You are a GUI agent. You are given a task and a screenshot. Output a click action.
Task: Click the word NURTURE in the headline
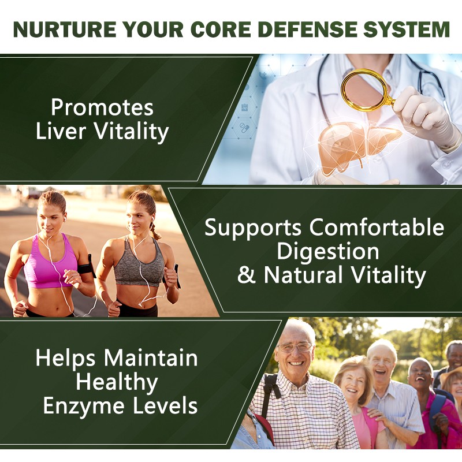[x=63, y=29]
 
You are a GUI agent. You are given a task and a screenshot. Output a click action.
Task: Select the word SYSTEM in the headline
[x=410, y=29]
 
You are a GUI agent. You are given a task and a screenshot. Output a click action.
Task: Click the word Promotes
[x=102, y=107]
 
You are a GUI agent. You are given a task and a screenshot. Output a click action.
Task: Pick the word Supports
[x=253, y=228]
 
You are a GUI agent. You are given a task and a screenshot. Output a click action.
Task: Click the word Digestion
[x=328, y=251]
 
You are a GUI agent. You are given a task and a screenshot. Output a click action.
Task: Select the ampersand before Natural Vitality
[x=246, y=275]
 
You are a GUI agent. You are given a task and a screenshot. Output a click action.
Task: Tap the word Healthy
[x=116, y=382]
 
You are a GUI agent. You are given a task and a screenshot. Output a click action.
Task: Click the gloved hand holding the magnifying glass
[x=424, y=113]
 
